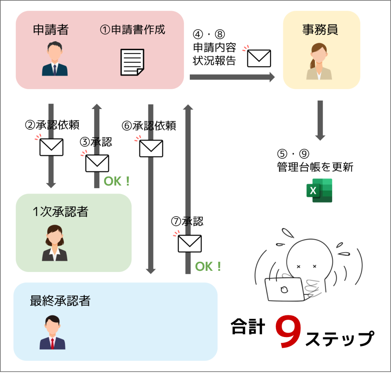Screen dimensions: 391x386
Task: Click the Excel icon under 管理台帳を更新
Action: tap(319, 191)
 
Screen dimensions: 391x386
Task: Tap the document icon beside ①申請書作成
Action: tap(132, 62)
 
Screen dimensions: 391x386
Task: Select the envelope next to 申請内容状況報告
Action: tap(259, 59)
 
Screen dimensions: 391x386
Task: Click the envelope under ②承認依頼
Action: tap(52, 147)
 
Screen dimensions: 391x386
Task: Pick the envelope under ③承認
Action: tap(97, 163)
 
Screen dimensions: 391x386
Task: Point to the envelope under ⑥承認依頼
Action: tap(151, 148)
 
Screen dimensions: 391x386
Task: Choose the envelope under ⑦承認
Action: tap(189, 244)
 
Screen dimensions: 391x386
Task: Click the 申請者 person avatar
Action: tap(55, 59)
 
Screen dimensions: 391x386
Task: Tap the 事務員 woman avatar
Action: tap(319, 62)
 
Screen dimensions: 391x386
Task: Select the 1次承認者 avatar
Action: tap(55, 243)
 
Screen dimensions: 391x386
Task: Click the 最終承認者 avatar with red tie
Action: tap(52, 332)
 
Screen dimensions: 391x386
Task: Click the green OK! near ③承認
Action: tap(117, 181)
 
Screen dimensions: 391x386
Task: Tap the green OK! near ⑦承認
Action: tap(208, 266)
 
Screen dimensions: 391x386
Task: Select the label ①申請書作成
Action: tap(132, 29)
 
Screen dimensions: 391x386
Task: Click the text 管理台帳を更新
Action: tap(315, 167)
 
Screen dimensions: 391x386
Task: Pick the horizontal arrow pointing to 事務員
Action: tap(232, 77)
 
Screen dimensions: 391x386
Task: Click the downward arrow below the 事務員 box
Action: tap(320, 121)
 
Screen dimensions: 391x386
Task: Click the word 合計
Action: tap(248, 326)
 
